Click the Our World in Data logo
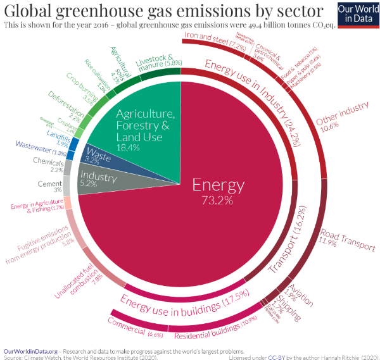click(x=353, y=14)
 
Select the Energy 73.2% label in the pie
click(x=218, y=191)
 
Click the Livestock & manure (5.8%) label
click(x=159, y=62)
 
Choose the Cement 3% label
click(x=49, y=187)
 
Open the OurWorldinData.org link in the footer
click(x=30, y=350)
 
